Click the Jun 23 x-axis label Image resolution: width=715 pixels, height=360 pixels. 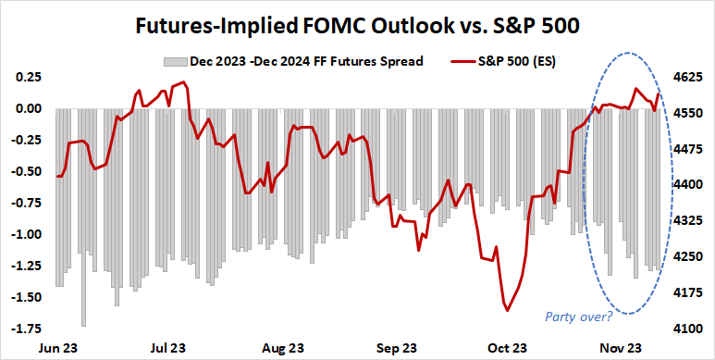(57, 348)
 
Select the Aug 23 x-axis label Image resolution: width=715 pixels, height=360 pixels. (283, 348)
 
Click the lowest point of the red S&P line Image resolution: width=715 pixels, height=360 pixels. (507, 310)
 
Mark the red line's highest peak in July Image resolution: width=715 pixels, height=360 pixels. (184, 82)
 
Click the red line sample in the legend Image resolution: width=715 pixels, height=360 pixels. (466, 62)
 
